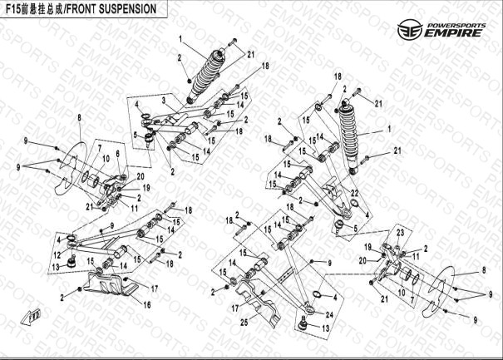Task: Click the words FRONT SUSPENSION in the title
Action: [x=117, y=8]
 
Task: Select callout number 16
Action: [x=149, y=305]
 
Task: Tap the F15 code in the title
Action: [x=17, y=8]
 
